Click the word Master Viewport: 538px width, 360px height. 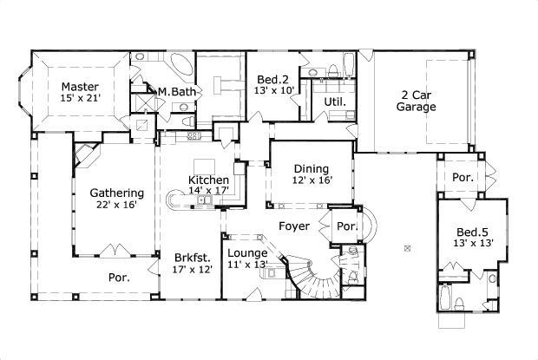79,87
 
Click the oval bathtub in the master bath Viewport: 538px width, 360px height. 180,65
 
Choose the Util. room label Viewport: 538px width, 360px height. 335,101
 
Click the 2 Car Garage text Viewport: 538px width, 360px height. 417,101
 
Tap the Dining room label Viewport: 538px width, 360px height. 311,170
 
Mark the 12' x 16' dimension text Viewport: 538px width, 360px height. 311,181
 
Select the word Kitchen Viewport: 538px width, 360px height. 209,180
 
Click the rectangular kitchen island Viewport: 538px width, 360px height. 205,166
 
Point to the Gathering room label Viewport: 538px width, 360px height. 116,193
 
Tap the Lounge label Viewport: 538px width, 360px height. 246,253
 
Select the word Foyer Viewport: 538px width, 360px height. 295,226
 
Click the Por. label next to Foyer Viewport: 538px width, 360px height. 346,226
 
